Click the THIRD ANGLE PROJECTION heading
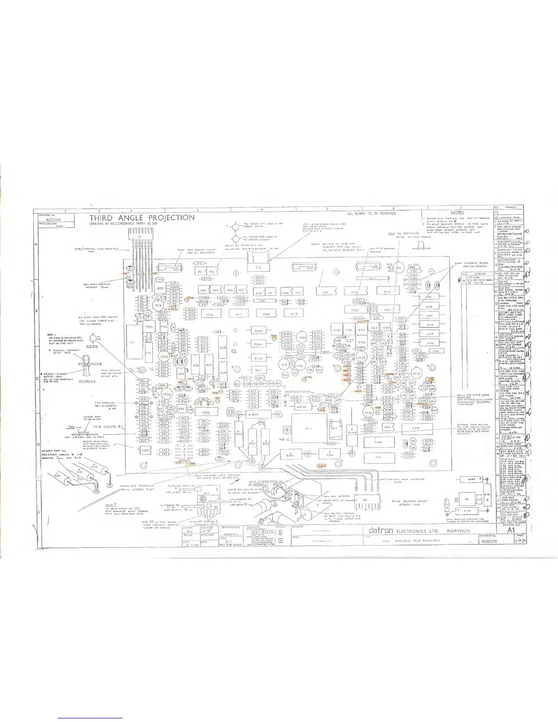pyautogui.click(x=142, y=218)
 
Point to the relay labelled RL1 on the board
pyautogui.click(x=308, y=429)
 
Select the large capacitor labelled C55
pyautogui.click(x=415, y=428)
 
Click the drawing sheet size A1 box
pyautogui.click(x=510, y=531)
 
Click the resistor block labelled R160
pyautogui.click(x=362, y=342)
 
